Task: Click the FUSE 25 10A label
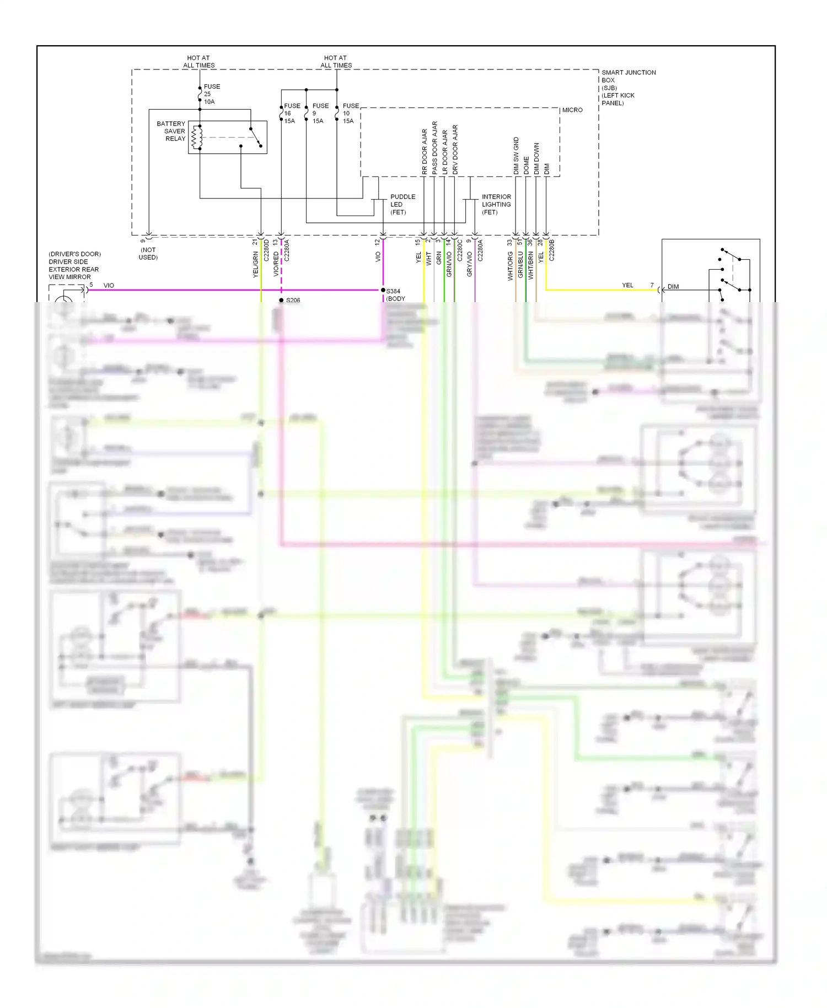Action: click(x=211, y=94)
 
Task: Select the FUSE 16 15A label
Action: click(x=291, y=113)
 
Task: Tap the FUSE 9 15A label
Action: click(x=320, y=113)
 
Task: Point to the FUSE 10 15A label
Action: click(x=350, y=113)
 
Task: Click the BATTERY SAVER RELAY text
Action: click(x=171, y=131)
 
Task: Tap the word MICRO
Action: click(x=572, y=110)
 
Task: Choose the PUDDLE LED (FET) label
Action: click(x=402, y=204)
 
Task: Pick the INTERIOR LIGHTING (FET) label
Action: click(x=496, y=204)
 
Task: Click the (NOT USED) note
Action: click(x=148, y=254)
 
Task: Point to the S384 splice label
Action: click(x=393, y=291)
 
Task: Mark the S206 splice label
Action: click(x=293, y=301)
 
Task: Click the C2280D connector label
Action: click(x=266, y=250)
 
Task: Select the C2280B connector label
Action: click(x=552, y=250)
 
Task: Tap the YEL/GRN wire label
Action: click(x=255, y=264)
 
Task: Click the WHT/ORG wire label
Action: click(x=510, y=266)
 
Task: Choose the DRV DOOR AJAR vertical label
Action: click(x=455, y=150)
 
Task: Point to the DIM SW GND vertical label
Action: click(x=516, y=156)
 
